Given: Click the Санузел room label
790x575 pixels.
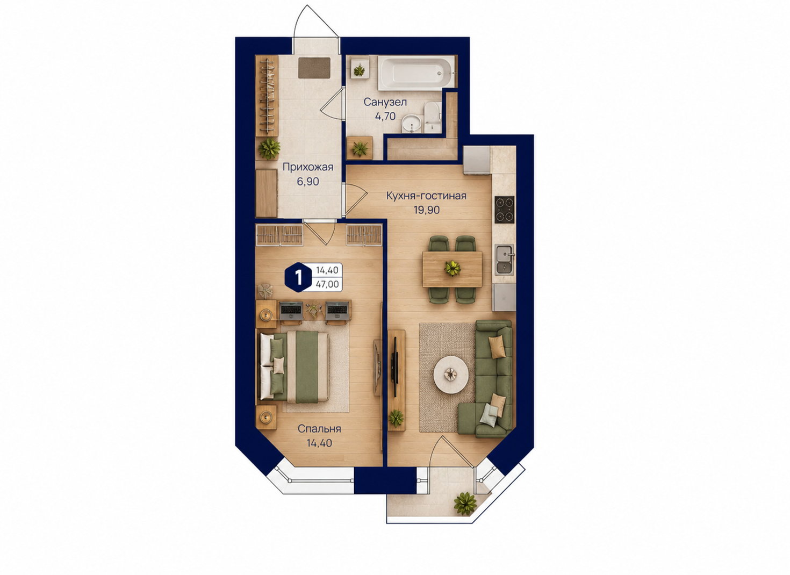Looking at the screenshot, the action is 385,102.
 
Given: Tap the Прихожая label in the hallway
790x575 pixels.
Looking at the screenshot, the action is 308,167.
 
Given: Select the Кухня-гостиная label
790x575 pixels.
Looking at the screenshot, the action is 426,196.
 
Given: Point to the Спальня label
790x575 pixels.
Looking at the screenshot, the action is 319,429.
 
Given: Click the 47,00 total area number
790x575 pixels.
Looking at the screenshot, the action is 327,284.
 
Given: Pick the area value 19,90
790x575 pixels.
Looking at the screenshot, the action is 427,210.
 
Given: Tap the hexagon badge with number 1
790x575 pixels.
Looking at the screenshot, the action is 298,277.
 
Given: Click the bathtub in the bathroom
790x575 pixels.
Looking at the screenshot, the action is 416,74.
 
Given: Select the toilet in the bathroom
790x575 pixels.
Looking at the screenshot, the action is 432,118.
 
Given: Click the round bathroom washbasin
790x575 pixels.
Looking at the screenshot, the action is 411,124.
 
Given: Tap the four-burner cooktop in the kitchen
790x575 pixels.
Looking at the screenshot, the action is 504,210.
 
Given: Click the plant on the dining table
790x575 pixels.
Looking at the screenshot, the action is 452,269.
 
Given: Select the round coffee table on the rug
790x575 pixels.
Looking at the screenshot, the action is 451,375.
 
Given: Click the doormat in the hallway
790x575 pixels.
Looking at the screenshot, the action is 314,68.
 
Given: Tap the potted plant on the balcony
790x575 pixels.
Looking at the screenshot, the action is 465,503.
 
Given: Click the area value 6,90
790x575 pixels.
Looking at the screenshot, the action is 308,181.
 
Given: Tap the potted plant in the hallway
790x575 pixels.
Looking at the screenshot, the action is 269,148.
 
